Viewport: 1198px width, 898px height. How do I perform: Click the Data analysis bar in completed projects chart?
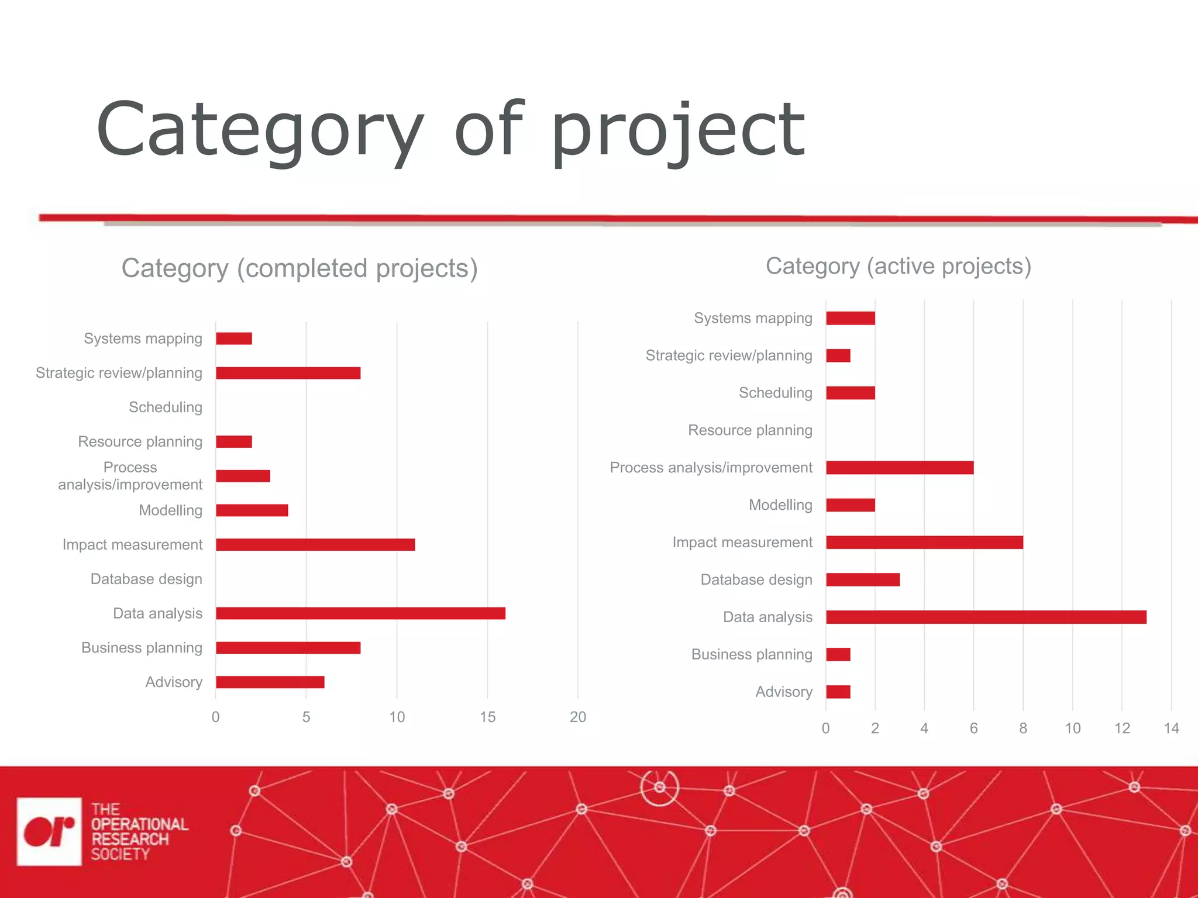[x=360, y=613]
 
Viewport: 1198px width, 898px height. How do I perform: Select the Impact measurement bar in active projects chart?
[x=924, y=543]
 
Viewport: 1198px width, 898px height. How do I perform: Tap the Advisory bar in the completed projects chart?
[x=270, y=682]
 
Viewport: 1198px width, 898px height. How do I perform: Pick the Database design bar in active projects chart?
[x=863, y=580]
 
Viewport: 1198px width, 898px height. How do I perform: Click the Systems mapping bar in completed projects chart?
[x=234, y=339]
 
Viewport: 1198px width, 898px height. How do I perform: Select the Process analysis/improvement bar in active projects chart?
[x=900, y=468]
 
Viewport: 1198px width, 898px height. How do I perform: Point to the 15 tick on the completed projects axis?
[x=487, y=717]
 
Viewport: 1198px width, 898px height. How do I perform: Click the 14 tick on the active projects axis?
[x=1171, y=728]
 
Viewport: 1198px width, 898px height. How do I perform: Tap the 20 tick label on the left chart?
[x=578, y=717]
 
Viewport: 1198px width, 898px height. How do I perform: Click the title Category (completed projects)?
[x=299, y=269]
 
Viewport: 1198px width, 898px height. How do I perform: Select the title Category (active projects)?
[x=898, y=267]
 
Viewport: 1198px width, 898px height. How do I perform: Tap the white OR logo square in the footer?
[x=49, y=831]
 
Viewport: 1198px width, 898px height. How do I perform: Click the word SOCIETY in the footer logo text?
[x=121, y=854]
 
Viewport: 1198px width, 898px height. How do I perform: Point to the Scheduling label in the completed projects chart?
[x=166, y=407]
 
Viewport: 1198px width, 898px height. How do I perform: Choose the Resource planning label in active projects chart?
[x=750, y=430]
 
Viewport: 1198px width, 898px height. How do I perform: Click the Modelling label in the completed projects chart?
[x=170, y=510]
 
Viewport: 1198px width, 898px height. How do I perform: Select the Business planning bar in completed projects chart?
[x=288, y=648]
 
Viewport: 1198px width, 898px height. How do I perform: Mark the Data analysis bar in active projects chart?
[x=986, y=617]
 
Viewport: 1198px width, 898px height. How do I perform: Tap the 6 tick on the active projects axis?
[x=973, y=728]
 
